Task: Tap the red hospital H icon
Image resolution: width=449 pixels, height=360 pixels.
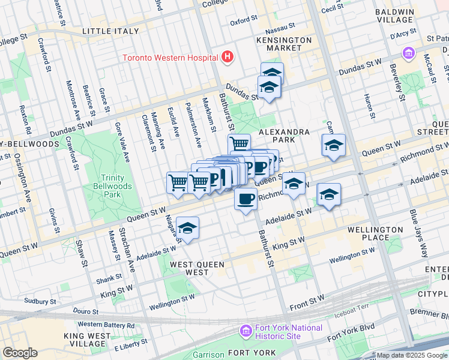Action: [x=227, y=58]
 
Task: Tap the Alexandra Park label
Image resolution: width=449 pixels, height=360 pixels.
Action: [x=284, y=136]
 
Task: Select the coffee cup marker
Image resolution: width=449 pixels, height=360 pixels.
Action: [x=246, y=199]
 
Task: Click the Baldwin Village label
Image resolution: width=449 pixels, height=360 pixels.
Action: [x=394, y=16]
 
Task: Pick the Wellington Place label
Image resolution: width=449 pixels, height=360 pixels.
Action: [x=375, y=234]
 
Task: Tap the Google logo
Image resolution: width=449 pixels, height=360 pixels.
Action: [x=20, y=353]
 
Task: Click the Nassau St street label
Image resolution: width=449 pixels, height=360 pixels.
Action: [x=282, y=27]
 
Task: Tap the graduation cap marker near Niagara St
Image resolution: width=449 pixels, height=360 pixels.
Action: [x=188, y=229]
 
